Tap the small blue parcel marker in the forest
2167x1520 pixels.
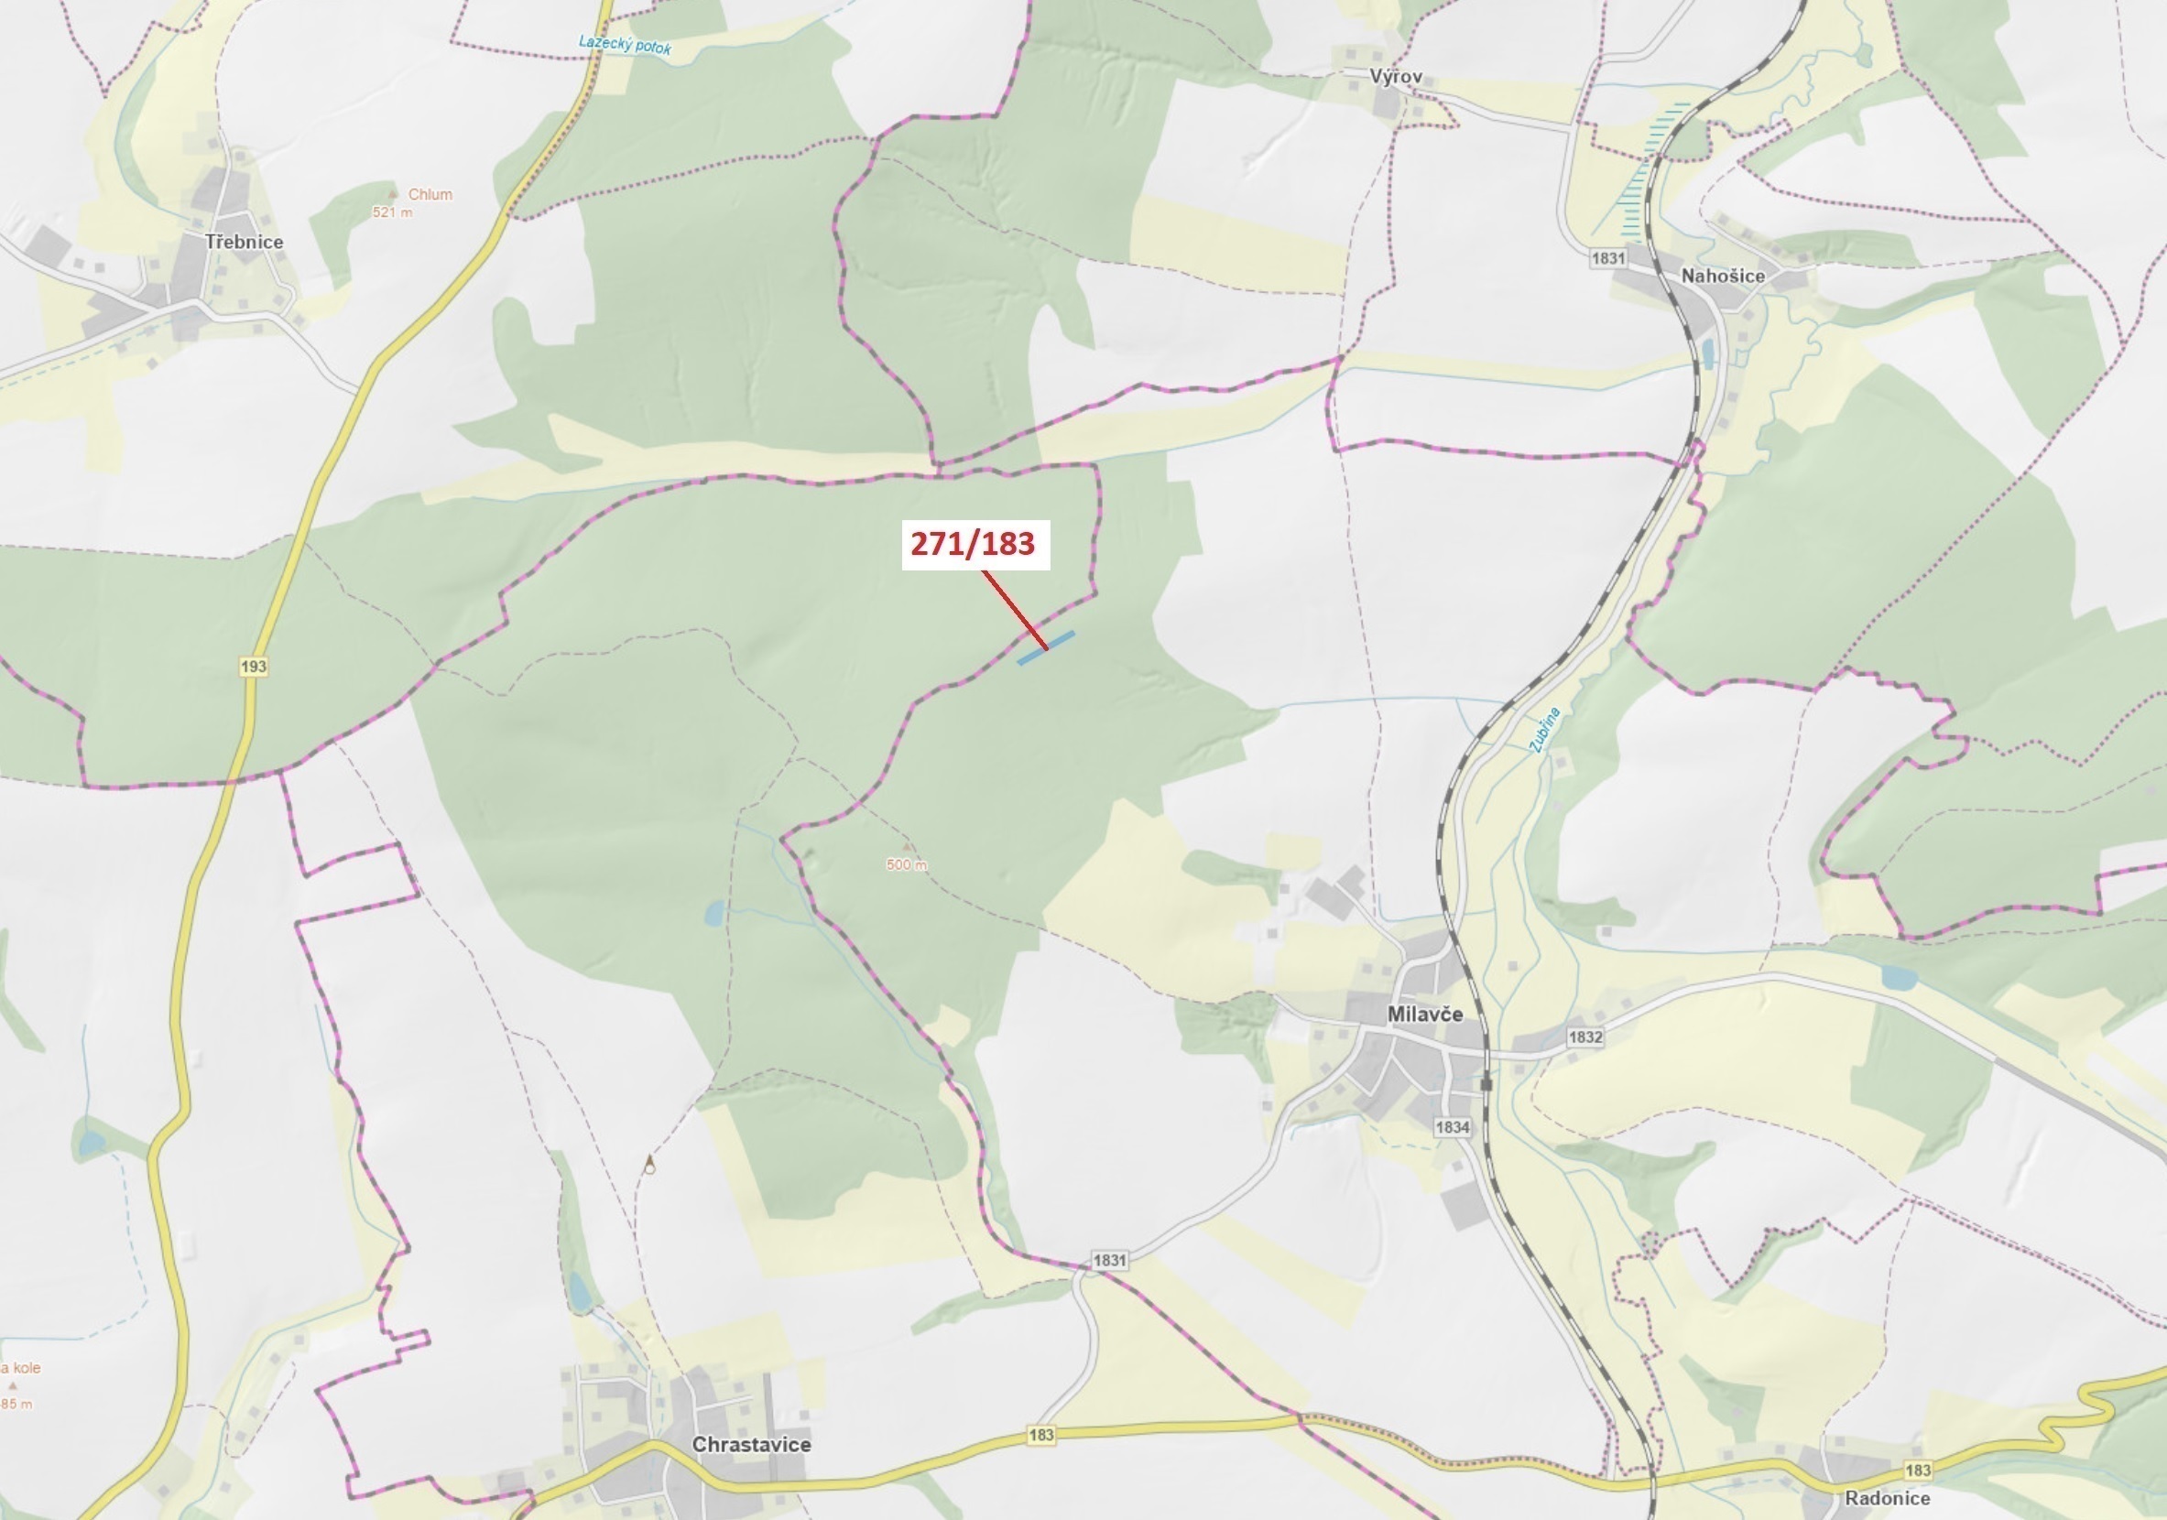[1045, 648]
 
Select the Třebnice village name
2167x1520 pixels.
[244, 242]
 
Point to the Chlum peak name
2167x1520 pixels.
[430, 194]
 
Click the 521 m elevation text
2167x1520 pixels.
[392, 212]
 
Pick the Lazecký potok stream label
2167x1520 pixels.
[624, 44]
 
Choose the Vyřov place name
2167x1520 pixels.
[1396, 76]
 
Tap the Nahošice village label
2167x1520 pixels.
[1723, 276]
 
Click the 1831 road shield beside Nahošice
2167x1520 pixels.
[1607, 257]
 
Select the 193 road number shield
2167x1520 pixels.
[253, 666]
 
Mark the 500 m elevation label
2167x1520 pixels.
[906, 864]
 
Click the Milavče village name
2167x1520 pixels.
[1425, 1014]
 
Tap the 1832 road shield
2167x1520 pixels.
[1584, 1036]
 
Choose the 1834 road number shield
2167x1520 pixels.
[1452, 1126]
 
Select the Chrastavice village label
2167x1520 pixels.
[750, 1444]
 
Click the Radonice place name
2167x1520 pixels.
[1887, 1497]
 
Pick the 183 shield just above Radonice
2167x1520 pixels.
[1917, 1470]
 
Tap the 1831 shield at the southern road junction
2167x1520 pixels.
[1109, 1260]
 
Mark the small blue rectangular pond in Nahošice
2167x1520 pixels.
[1706, 353]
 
